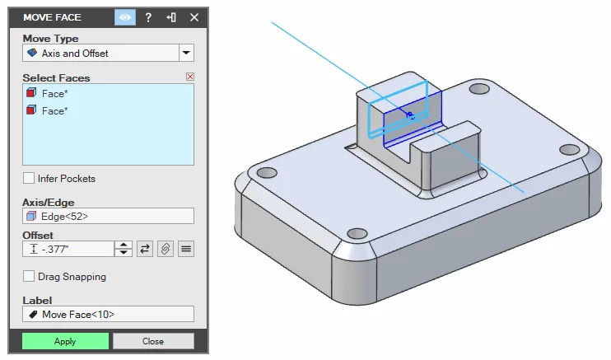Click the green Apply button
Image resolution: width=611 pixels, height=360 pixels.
pos(65,341)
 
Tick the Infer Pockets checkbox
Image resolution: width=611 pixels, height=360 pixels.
pos(29,178)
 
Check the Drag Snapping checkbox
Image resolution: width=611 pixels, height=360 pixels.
pos(29,276)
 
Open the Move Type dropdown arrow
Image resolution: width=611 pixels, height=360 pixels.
pos(186,53)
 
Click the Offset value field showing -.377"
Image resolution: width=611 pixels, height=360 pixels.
pos(68,249)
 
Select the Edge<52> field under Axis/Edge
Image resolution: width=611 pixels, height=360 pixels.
pos(108,216)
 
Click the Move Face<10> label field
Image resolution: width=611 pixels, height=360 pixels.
pos(108,314)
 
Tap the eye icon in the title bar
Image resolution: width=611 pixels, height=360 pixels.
pos(125,17)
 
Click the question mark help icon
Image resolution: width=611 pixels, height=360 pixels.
pos(148,17)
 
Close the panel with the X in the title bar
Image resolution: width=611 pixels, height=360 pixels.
pos(194,17)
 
